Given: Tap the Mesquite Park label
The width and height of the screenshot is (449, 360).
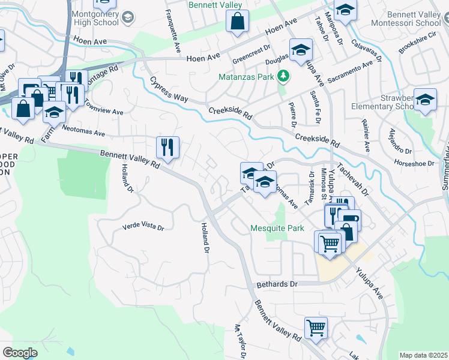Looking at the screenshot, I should click(277, 229).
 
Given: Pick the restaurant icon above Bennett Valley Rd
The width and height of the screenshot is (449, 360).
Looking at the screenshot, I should click(167, 147).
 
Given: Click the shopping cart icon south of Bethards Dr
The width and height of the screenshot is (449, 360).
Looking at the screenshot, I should click(315, 328).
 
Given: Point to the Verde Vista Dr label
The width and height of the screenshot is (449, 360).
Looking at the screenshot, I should click(143, 226).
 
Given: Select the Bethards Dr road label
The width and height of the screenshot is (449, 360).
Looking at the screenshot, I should click(277, 283).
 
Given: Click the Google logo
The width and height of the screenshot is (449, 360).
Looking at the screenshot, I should click(20, 353).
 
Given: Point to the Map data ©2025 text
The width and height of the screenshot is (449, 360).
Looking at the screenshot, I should click(423, 355).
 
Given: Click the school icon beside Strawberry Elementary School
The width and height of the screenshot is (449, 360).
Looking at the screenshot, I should click(425, 100).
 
